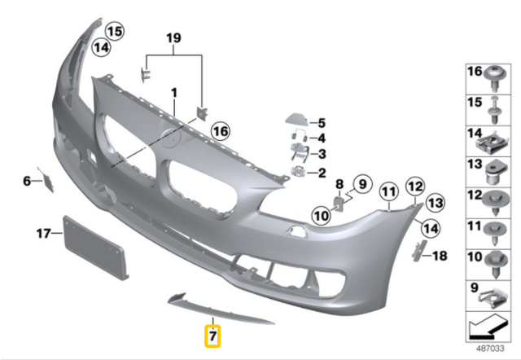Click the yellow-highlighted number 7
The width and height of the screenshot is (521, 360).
coord(212,334)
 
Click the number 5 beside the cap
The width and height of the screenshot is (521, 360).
coord(321,121)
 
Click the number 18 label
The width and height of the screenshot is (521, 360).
coord(440,256)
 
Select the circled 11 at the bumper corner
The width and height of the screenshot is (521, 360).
coord(388,193)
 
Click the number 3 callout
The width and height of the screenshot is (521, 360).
coord(321,154)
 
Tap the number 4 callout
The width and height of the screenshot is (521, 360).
coord(321,138)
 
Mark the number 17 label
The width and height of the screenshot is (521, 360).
coord(43,235)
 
